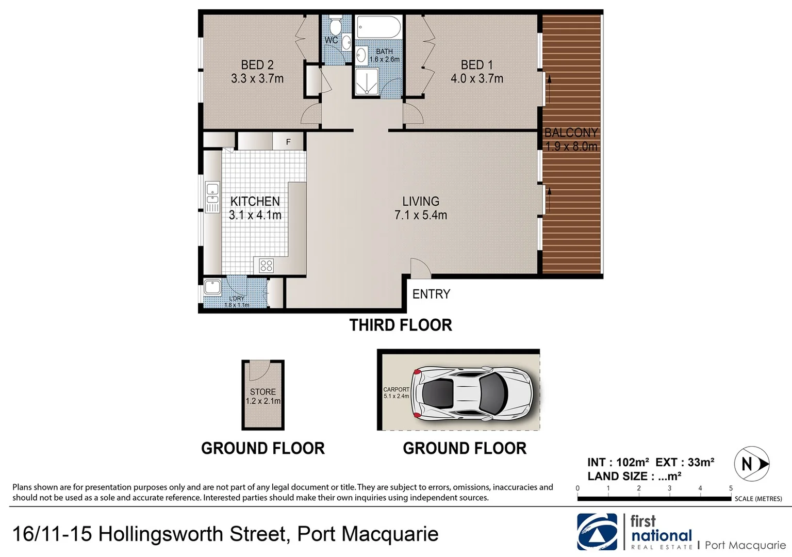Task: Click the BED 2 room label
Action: click(257, 65)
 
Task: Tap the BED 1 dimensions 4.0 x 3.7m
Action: click(477, 79)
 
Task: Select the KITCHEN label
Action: click(255, 201)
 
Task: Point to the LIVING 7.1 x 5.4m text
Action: click(421, 208)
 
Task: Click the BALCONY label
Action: click(571, 133)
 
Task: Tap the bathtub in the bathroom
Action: click(378, 26)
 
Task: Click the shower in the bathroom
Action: click(367, 82)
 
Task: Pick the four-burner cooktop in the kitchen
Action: click(266, 266)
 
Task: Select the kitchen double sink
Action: click(212, 196)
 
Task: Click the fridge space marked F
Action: click(288, 142)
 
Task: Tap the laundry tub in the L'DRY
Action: click(212, 287)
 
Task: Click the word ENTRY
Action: click(431, 294)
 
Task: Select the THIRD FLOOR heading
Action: click(401, 325)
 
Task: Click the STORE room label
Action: click(263, 392)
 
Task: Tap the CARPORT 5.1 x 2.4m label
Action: click(396, 393)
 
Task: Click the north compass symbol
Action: click(751, 464)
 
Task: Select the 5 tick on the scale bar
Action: click(731, 488)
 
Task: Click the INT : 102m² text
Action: click(618, 462)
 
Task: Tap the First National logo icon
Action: click(597, 531)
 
